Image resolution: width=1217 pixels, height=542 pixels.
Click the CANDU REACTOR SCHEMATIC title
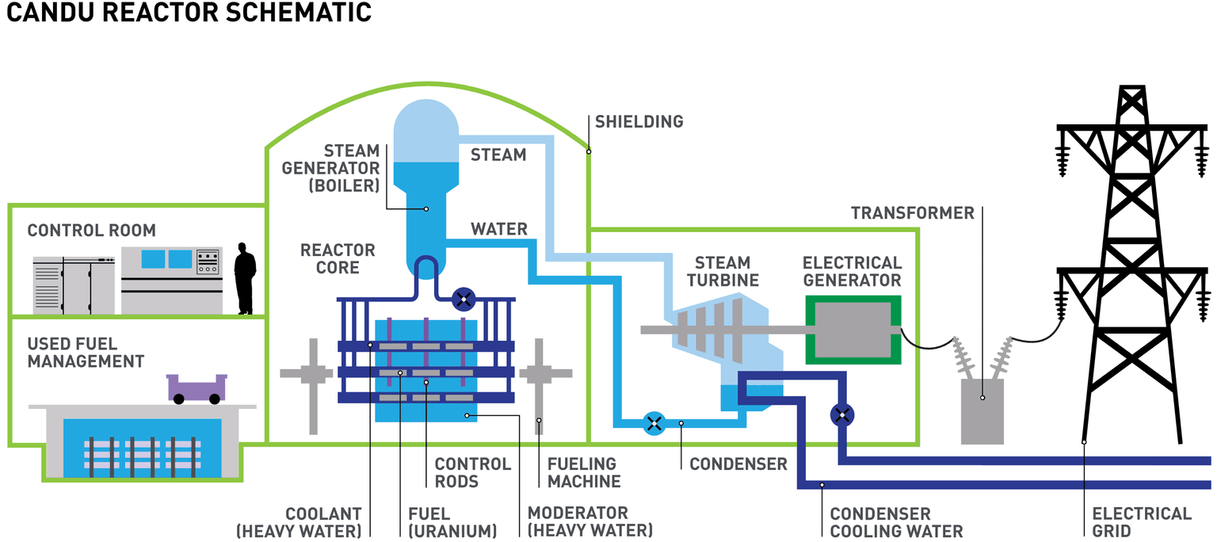[x=189, y=13]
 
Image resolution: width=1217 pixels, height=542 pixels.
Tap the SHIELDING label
[x=639, y=122]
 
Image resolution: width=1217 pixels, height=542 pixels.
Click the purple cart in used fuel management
[x=196, y=387]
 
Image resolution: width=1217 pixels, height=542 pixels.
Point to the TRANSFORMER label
[x=913, y=213]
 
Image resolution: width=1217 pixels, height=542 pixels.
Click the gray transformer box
[x=982, y=410]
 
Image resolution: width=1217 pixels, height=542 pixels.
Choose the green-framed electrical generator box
[x=853, y=329]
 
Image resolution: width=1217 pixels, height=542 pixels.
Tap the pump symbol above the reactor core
[x=464, y=300]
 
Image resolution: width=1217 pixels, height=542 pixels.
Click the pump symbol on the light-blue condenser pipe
[x=654, y=422]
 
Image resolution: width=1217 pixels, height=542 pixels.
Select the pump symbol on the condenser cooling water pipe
[x=842, y=414]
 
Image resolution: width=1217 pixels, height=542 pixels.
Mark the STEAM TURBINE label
[x=723, y=271]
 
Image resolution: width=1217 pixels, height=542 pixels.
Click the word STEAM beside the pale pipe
[x=498, y=155]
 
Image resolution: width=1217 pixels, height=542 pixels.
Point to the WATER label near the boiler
[x=499, y=230]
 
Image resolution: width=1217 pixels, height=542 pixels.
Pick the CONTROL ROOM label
[x=92, y=231]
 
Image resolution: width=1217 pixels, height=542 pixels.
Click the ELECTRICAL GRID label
[x=1142, y=522]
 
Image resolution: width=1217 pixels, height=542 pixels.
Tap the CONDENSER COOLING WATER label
[x=896, y=523]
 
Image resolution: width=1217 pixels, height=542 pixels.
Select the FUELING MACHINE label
[x=582, y=472]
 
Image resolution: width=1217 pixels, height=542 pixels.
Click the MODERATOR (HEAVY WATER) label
[x=589, y=521]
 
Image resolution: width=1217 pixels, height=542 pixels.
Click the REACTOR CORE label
[x=338, y=259]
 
